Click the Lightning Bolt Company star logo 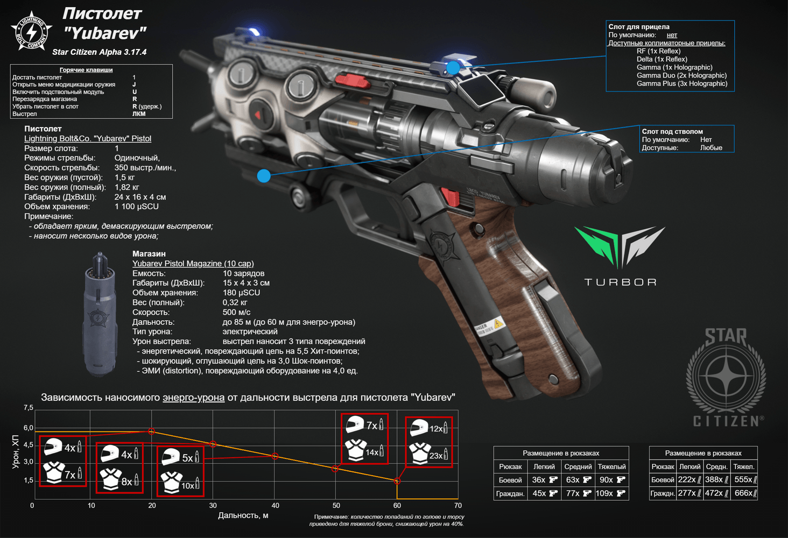point(32,31)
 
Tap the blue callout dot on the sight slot point(453,68)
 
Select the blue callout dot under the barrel point(264,176)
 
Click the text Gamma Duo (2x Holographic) point(681,75)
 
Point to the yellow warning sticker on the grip point(497,323)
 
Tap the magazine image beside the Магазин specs point(100,314)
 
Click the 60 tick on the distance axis point(397,506)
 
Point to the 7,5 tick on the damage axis point(28,408)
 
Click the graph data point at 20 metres point(152,431)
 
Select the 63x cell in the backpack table point(578,480)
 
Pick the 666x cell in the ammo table point(745,493)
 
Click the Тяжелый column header point(612,467)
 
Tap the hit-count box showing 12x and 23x point(428,442)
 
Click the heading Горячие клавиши point(86,70)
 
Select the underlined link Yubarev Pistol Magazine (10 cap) point(193,264)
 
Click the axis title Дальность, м point(243,515)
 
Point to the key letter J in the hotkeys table point(134,84)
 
